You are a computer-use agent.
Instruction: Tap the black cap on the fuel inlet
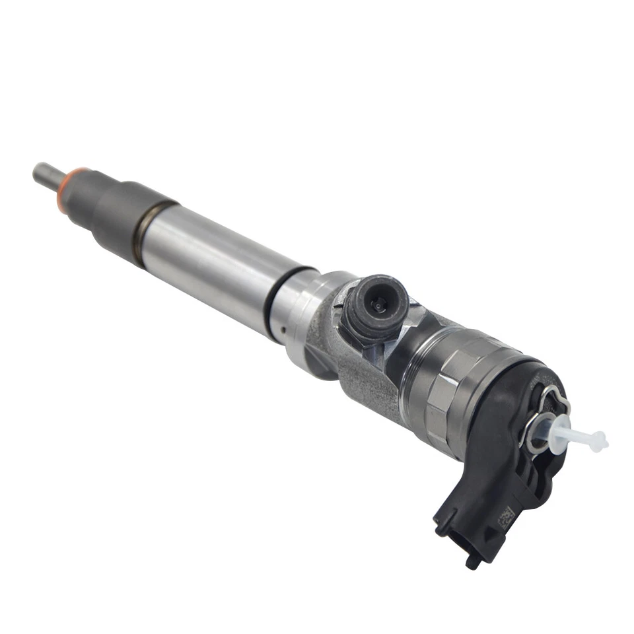[x=374, y=305]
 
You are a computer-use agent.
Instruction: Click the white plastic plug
[x=575, y=434]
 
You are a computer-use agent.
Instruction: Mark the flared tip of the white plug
[x=600, y=440]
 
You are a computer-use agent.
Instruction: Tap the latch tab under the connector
[x=473, y=561]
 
